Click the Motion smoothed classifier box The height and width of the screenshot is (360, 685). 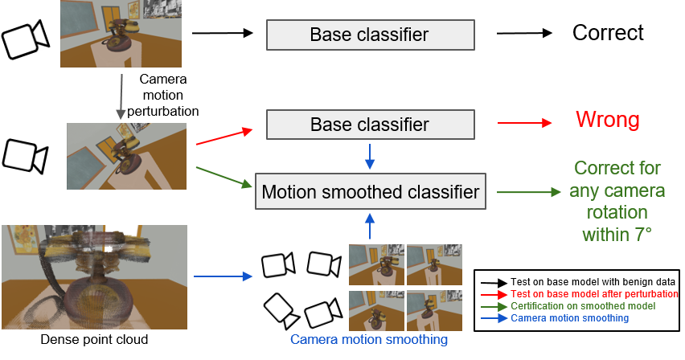point(370,192)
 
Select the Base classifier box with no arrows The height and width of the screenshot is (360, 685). point(370,35)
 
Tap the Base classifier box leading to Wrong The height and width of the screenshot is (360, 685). point(370,125)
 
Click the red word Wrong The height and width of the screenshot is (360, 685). point(608,121)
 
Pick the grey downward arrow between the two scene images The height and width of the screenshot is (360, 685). point(121,97)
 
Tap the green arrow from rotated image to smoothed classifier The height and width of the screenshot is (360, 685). point(224,177)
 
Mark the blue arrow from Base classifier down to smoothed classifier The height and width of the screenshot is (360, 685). point(370,156)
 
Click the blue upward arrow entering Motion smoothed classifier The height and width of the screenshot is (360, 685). point(370,226)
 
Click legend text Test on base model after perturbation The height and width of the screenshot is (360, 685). point(594,294)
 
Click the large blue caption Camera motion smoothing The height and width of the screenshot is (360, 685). point(368,340)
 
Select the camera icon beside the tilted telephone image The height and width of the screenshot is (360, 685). point(23,155)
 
